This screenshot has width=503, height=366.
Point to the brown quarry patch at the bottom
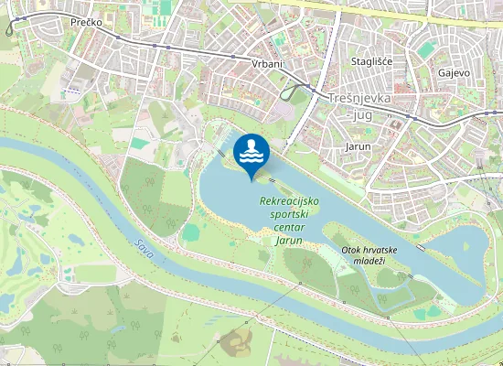pos(237,344)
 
